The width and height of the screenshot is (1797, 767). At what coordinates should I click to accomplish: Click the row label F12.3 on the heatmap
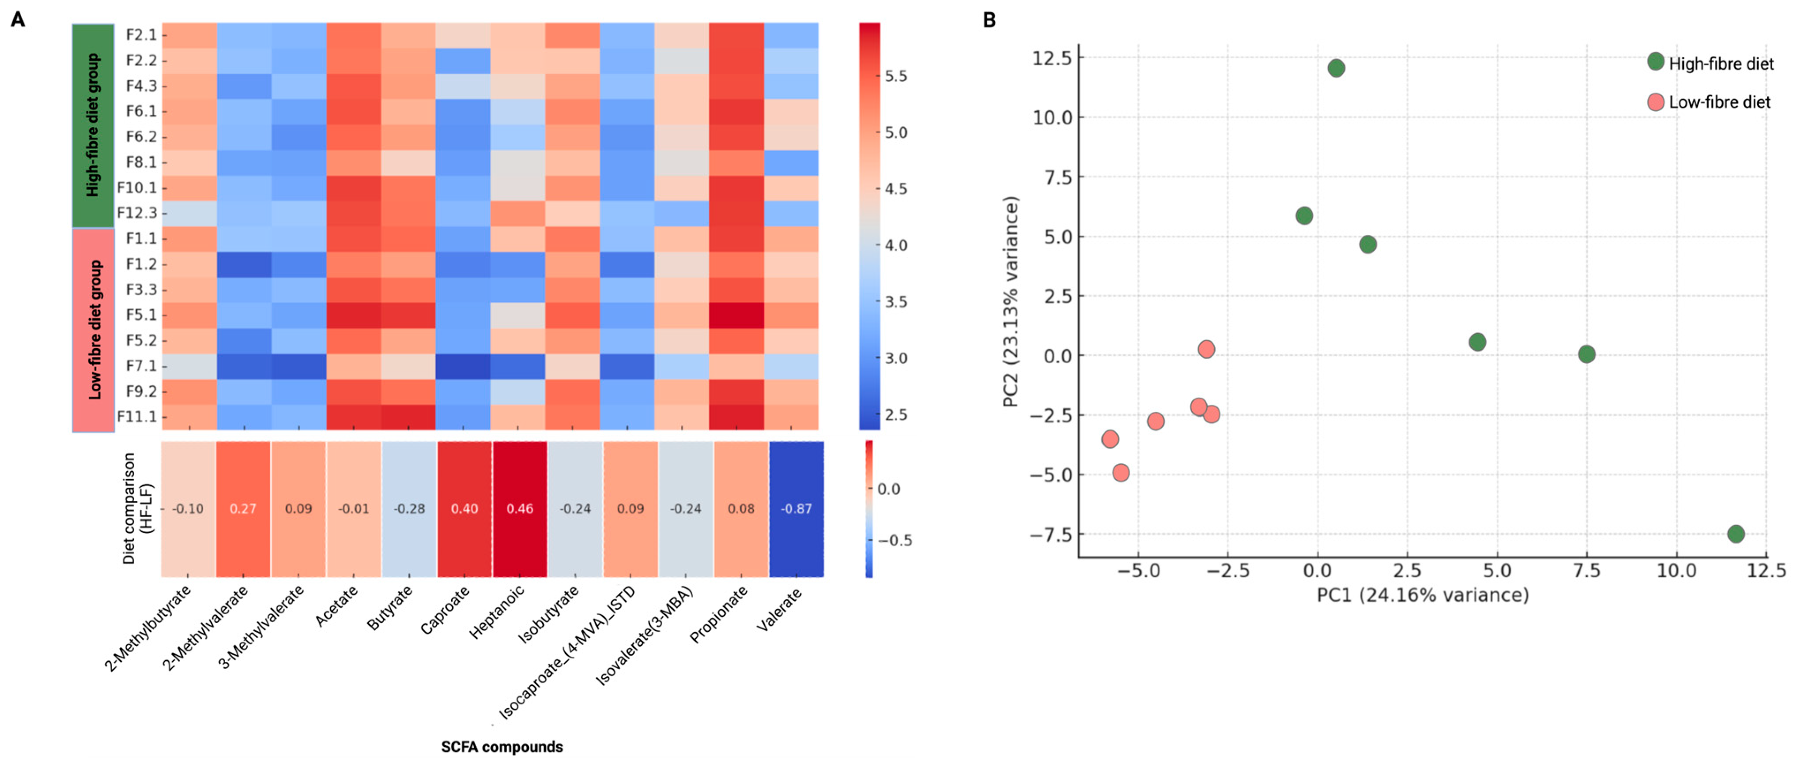[x=137, y=213]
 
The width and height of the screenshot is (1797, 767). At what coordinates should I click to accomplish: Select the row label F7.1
[x=141, y=365]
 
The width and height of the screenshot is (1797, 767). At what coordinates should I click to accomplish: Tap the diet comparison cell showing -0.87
[x=796, y=508]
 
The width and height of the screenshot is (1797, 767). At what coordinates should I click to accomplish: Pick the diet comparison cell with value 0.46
[x=520, y=508]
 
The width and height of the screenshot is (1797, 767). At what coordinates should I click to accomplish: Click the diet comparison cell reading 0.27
[x=243, y=508]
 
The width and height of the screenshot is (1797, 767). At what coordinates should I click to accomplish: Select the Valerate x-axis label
[x=779, y=610]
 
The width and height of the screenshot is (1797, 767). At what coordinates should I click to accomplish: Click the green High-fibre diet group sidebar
[x=93, y=125]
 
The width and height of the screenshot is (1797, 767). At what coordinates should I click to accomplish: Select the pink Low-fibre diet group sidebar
[x=93, y=330]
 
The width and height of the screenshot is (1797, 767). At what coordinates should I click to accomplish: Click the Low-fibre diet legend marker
[x=1655, y=102]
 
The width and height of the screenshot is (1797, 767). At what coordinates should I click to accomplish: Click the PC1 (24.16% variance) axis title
[x=1423, y=595]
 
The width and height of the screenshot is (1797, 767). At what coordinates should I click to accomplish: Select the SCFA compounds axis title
[x=502, y=747]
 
